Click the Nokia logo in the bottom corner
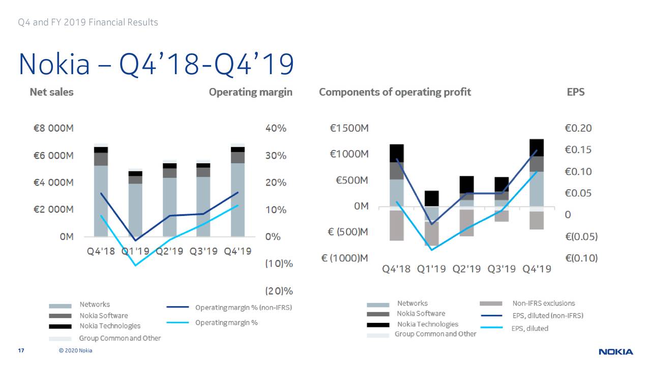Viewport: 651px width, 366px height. point(615,352)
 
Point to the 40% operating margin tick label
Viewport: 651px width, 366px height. point(276,129)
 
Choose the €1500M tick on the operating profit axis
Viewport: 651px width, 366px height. point(349,129)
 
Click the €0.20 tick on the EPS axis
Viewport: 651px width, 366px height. point(578,129)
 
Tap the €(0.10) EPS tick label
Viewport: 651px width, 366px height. point(581,258)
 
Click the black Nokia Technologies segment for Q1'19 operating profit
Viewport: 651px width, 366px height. point(432,198)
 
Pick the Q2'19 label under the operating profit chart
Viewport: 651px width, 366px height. point(466,269)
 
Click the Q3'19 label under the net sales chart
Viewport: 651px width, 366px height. point(203,251)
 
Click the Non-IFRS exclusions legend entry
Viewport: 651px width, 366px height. point(543,303)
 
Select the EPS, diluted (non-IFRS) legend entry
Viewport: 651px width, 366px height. point(547,316)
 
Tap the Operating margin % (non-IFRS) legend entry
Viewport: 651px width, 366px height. point(244,308)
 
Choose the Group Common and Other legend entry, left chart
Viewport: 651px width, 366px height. point(120,338)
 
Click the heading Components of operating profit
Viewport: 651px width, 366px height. point(395,92)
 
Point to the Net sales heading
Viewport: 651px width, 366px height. point(51,92)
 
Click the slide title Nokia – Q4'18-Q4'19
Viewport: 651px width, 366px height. point(156,65)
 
